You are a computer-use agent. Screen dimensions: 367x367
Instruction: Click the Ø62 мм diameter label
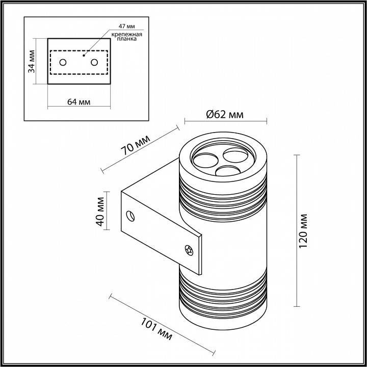click(225, 114)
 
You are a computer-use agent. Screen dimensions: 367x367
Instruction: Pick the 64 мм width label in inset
click(78, 101)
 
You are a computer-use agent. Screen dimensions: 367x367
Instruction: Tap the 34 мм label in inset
click(32, 61)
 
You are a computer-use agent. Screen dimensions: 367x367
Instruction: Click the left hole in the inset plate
click(63, 62)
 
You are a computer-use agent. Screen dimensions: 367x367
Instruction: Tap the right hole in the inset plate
click(94, 62)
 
